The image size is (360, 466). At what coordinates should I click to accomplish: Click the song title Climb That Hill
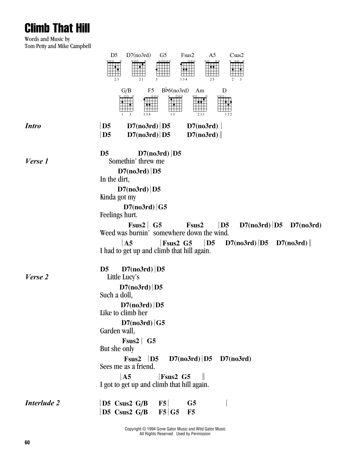(x=57, y=29)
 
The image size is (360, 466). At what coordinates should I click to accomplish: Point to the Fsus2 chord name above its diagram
(x=188, y=55)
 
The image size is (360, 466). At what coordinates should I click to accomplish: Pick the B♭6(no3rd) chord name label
(x=175, y=91)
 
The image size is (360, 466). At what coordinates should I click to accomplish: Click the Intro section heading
(x=33, y=126)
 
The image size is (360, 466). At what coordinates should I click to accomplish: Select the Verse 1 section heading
(x=37, y=161)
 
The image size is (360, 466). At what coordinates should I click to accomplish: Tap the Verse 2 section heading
(x=37, y=277)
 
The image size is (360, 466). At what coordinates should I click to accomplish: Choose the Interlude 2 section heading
(x=42, y=403)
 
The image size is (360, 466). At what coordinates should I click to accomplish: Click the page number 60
(x=27, y=443)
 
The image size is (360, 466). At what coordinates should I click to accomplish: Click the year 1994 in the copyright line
(x=152, y=429)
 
